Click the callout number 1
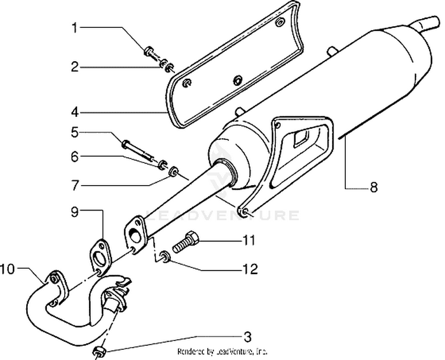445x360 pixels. [x=74, y=28]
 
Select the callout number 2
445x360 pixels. [x=74, y=66]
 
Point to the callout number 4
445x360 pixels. [x=74, y=111]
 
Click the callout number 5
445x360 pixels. [x=74, y=131]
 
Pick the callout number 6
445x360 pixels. [x=74, y=157]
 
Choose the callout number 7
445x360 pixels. [x=74, y=186]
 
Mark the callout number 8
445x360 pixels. [x=373, y=187]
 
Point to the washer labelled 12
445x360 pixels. [x=164, y=257]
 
